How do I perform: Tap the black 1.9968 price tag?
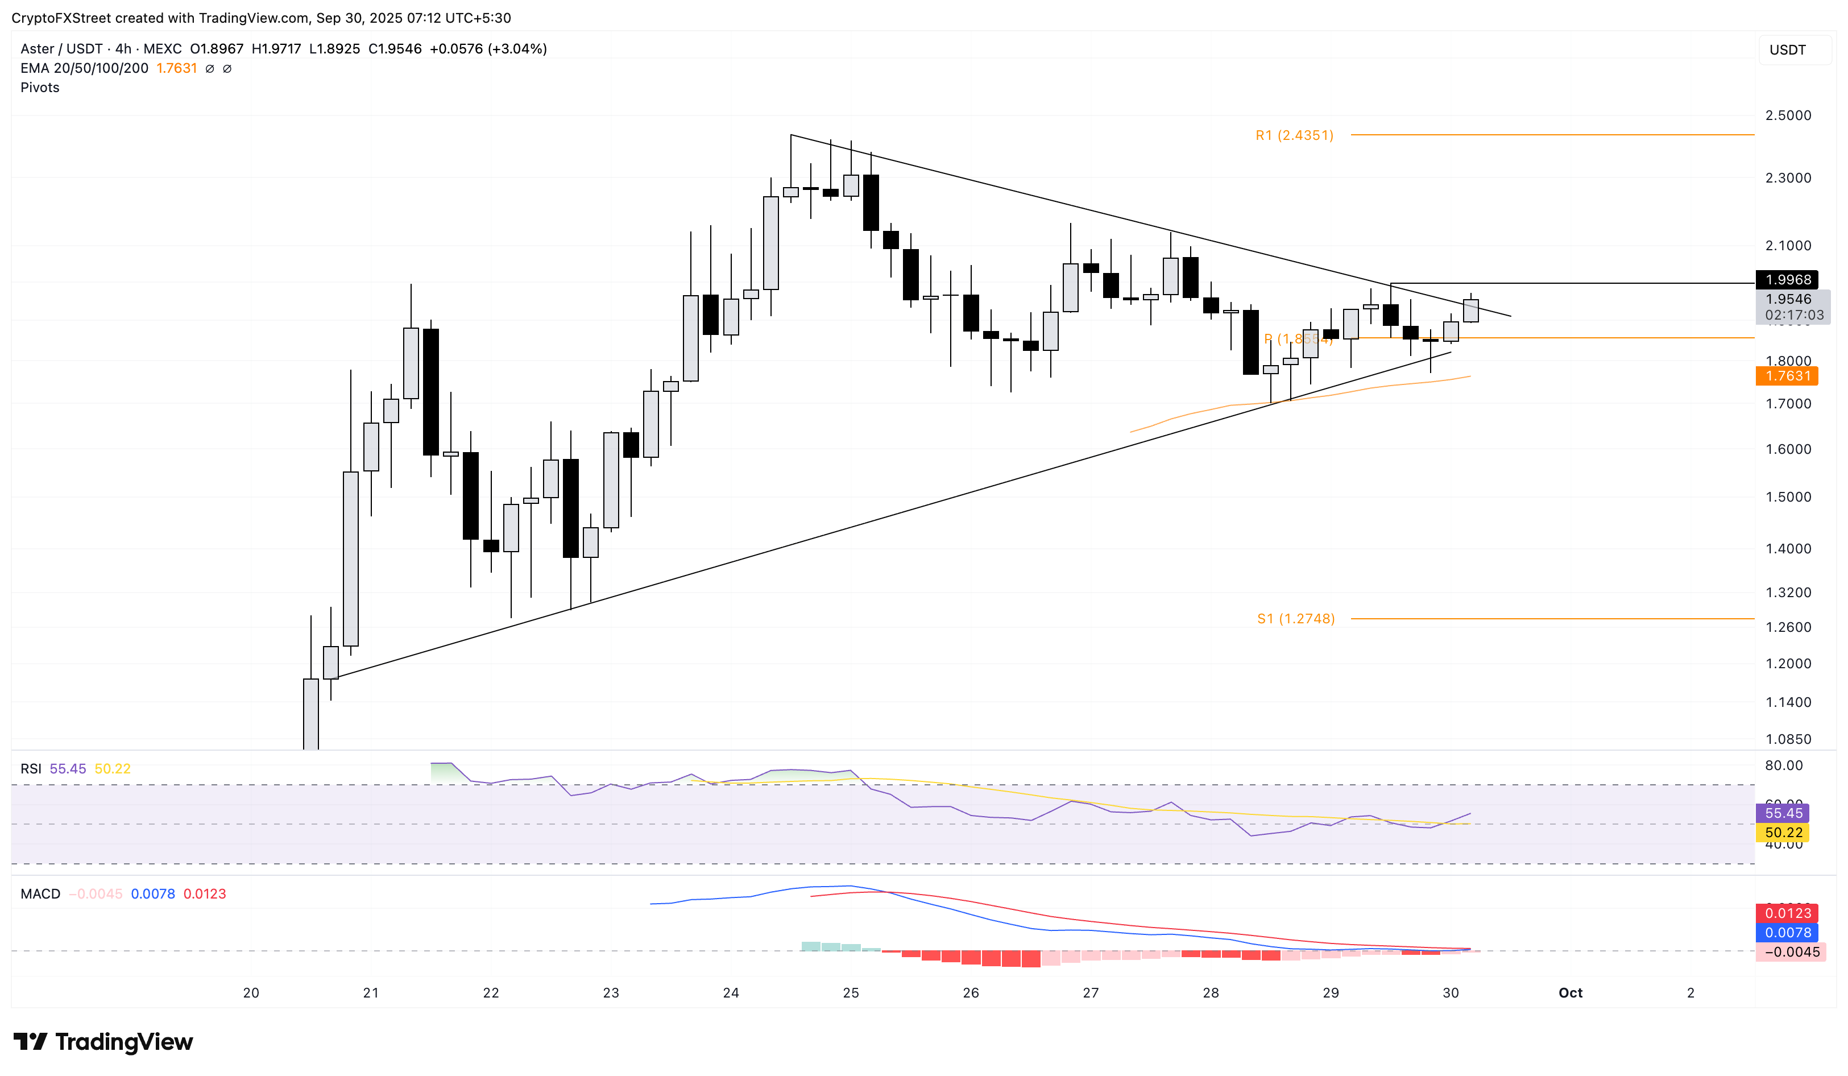click(x=1787, y=279)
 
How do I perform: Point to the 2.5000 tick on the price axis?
click(x=1787, y=115)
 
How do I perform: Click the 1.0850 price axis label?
click(x=1787, y=739)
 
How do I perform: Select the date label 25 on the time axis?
click(x=851, y=993)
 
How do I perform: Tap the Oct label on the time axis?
click(x=1570, y=993)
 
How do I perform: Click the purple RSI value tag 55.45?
click(x=1783, y=813)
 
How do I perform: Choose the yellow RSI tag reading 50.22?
click(x=1783, y=833)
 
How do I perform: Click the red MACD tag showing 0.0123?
click(x=1787, y=913)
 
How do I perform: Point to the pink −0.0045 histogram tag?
click(x=1790, y=952)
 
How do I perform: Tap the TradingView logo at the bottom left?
click(x=103, y=1041)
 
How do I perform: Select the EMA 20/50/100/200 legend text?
click(x=84, y=68)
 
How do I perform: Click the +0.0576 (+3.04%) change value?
click(x=488, y=49)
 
